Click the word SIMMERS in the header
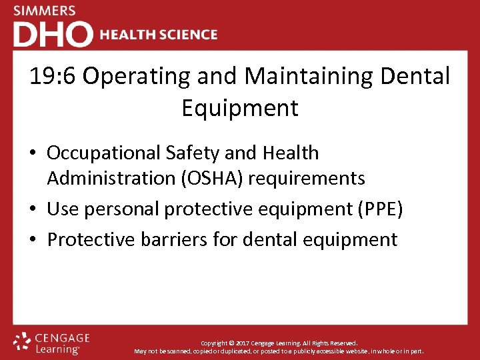pyautogui.click(x=45, y=11)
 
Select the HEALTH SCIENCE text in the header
pyautogui.click(x=159, y=35)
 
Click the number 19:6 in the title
pyautogui.click(x=53, y=76)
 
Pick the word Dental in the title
pyautogui.click(x=415, y=76)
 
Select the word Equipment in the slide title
pyautogui.click(x=240, y=108)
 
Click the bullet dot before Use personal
pyautogui.click(x=35, y=209)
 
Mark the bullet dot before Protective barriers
pyautogui.click(x=35, y=239)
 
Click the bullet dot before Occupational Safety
pyautogui.click(x=35, y=153)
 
